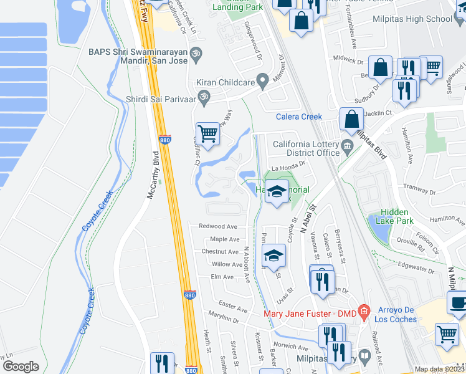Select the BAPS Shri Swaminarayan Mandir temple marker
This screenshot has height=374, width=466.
point(197,53)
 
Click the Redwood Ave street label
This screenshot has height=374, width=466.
point(219,226)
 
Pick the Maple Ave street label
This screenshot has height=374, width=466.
point(224,239)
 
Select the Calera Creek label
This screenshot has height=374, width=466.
point(299,117)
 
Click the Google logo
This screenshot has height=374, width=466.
point(21,367)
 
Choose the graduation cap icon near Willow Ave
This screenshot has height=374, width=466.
point(273,256)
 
